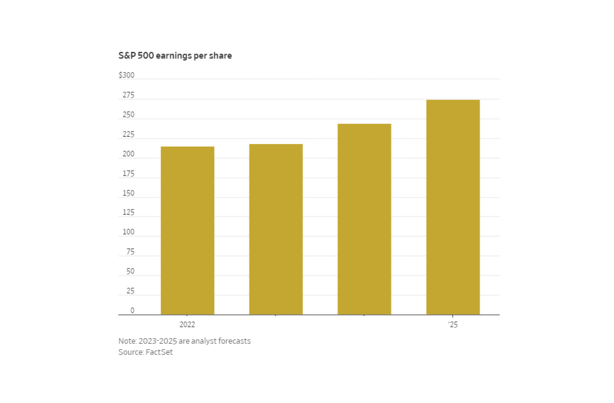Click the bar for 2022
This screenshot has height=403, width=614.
click(x=187, y=230)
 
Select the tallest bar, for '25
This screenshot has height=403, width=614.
click(x=453, y=207)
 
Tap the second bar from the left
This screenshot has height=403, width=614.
click(x=276, y=229)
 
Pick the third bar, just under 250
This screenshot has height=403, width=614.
click(x=364, y=219)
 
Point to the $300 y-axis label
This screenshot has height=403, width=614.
click(x=126, y=75)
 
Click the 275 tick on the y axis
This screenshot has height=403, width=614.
click(x=128, y=95)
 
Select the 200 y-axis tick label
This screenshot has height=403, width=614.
click(x=128, y=154)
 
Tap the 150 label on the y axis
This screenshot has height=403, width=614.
click(x=128, y=193)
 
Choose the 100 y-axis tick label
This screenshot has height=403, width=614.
click(x=128, y=232)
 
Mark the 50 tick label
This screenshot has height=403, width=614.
click(x=130, y=271)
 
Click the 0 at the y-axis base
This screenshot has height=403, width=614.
click(x=132, y=310)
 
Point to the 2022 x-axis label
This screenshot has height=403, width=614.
click(x=187, y=325)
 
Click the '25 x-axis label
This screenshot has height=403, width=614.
click(x=453, y=325)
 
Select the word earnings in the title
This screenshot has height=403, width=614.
click(x=173, y=56)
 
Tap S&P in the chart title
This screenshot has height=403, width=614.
click(x=127, y=56)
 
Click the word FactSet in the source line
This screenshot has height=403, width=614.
click(x=159, y=352)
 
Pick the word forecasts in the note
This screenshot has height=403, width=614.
click(x=235, y=341)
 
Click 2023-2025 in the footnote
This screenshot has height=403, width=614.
click(x=158, y=341)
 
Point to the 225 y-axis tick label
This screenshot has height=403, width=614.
click(x=128, y=134)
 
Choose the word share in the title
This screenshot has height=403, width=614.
click(x=221, y=56)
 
